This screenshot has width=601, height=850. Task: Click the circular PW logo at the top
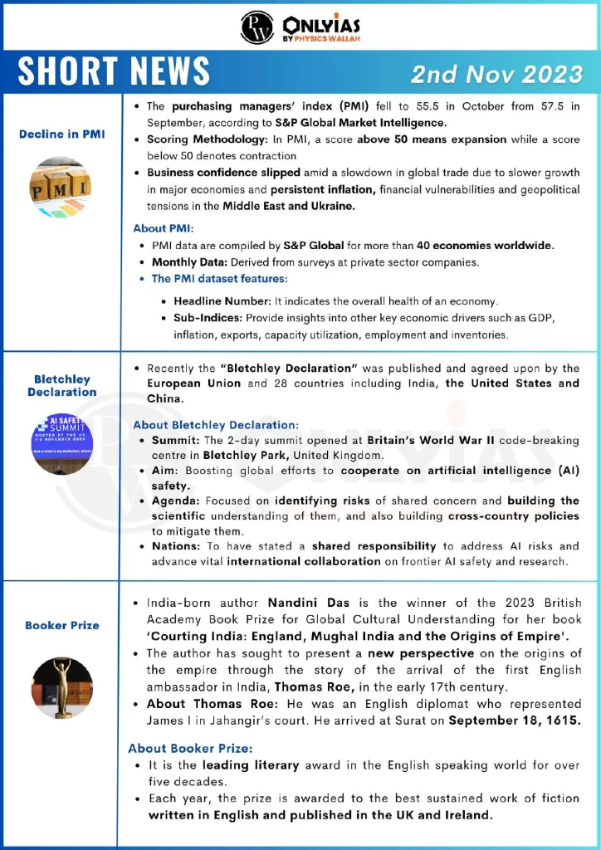[x=257, y=27]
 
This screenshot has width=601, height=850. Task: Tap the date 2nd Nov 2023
[x=496, y=74]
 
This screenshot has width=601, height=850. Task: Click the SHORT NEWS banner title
[x=114, y=72]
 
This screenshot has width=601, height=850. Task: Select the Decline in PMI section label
[x=62, y=134]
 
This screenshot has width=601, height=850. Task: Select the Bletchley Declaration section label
[x=62, y=385]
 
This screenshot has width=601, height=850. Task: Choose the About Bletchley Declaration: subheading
[x=216, y=425]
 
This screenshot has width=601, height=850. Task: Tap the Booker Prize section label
[x=62, y=624]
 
